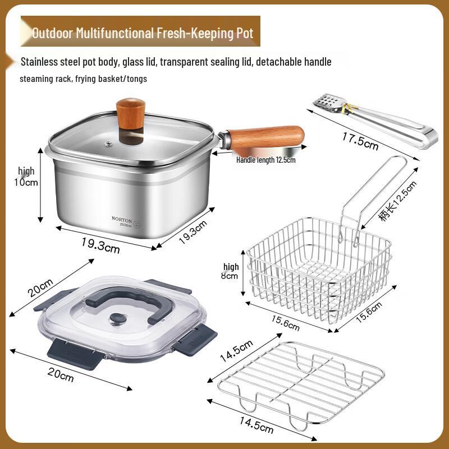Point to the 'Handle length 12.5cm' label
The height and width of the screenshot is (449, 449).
265,160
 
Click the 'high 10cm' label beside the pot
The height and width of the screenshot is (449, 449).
27,176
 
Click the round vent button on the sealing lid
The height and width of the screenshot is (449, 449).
117,319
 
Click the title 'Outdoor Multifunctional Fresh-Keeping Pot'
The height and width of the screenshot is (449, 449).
143,33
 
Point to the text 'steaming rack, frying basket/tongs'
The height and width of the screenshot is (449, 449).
83,79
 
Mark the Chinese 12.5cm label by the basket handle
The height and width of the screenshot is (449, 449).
397,202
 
